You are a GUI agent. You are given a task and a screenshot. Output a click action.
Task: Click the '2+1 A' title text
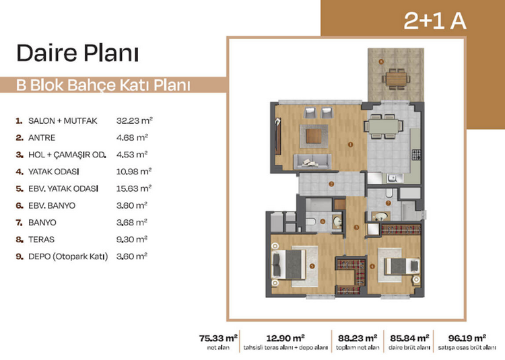(x=435, y=21)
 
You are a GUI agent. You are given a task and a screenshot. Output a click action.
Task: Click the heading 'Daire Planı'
(x=77, y=52)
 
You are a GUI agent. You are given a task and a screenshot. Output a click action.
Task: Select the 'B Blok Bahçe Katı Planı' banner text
(x=103, y=85)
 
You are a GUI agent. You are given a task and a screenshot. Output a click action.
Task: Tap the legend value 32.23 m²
(x=134, y=120)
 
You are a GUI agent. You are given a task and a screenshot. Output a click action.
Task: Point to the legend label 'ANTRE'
(x=42, y=138)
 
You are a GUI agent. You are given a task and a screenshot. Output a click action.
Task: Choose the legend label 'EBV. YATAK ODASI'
(x=63, y=188)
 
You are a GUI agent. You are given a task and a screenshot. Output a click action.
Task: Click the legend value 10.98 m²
(x=134, y=172)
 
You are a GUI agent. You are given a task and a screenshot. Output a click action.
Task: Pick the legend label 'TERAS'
(x=41, y=240)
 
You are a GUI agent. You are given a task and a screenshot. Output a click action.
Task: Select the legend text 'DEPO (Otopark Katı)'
(x=68, y=257)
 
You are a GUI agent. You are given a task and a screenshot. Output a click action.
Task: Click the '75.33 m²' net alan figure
(x=218, y=338)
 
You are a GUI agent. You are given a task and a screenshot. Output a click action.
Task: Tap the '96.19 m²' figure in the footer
(x=467, y=338)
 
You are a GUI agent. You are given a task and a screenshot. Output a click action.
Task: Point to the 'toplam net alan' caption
(x=358, y=348)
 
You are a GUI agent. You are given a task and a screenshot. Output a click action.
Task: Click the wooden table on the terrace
(x=396, y=79)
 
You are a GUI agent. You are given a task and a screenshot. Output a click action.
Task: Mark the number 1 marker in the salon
(x=350, y=145)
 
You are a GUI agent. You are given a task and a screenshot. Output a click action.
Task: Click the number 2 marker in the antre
(x=331, y=184)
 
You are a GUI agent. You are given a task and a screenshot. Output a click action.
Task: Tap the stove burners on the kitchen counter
(x=416, y=155)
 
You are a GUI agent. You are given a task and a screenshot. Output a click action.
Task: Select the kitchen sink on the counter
(x=395, y=178)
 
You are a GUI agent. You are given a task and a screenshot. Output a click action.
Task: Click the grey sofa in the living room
(x=312, y=161)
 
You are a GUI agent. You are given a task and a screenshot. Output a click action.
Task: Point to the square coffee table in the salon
(x=314, y=136)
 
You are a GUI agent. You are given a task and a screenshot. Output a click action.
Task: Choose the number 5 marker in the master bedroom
(x=312, y=266)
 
